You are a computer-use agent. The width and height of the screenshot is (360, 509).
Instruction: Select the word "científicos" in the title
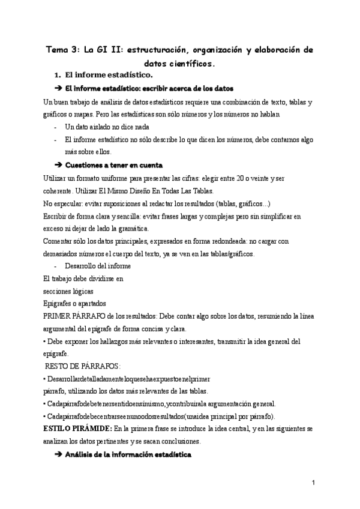coord(191,62)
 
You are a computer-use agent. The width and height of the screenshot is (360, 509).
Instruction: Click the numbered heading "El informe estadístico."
coord(109,75)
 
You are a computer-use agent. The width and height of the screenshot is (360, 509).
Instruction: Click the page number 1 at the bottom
coord(313,483)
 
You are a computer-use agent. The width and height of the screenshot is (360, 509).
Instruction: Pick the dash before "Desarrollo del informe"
coord(56,266)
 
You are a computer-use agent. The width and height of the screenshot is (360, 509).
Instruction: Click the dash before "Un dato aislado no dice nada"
coord(56,127)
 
